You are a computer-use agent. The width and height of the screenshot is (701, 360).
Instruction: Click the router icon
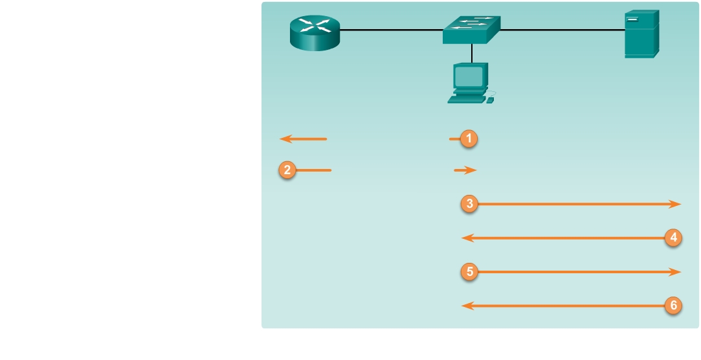pyautogui.click(x=315, y=33)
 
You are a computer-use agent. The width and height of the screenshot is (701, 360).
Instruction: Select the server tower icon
pyautogui.click(x=641, y=34)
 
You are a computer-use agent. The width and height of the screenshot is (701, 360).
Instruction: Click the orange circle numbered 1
pyautogui.click(x=469, y=139)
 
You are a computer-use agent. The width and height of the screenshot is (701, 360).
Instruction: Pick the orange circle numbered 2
pyautogui.click(x=287, y=170)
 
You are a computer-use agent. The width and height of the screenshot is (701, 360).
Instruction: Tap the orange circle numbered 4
pyautogui.click(x=673, y=238)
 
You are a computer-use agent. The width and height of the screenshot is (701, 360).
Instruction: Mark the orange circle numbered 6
pyautogui.click(x=673, y=306)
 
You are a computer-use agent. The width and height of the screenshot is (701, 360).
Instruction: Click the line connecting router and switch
pyautogui.click(x=391, y=30)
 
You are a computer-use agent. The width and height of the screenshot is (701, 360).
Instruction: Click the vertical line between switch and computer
pyautogui.click(x=472, y=53)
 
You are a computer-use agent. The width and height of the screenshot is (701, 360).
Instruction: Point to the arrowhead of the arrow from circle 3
pyautogui.click(x=676, y=204)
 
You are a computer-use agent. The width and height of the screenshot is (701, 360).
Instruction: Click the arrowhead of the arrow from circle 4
pyautogui.click(x=465, y=238)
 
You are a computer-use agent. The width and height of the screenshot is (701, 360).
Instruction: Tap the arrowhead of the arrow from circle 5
pyautogui.click(x=676, y=272)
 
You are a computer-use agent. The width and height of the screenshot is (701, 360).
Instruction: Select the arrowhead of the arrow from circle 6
pyautogui.click(x=465, y=306)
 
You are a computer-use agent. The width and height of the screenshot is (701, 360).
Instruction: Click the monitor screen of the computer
pyautogui.click(x=469, y=77)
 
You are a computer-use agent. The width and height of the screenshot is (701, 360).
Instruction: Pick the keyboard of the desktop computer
pyautogui.click(x=467, y=100)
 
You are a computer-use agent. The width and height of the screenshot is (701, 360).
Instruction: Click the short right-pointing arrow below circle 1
pyautogui.click(x=466, y=170)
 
